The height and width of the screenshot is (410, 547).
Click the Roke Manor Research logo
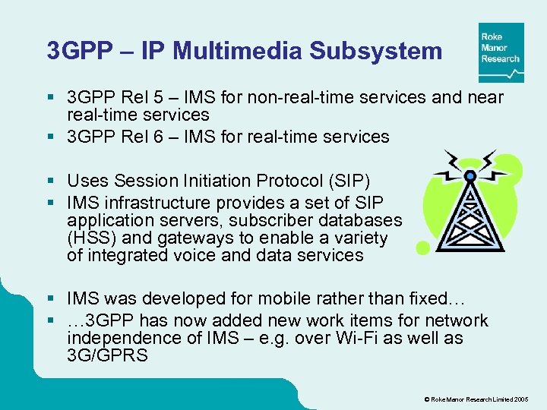click(501, 52)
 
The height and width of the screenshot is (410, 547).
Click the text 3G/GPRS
click(108, 356)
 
